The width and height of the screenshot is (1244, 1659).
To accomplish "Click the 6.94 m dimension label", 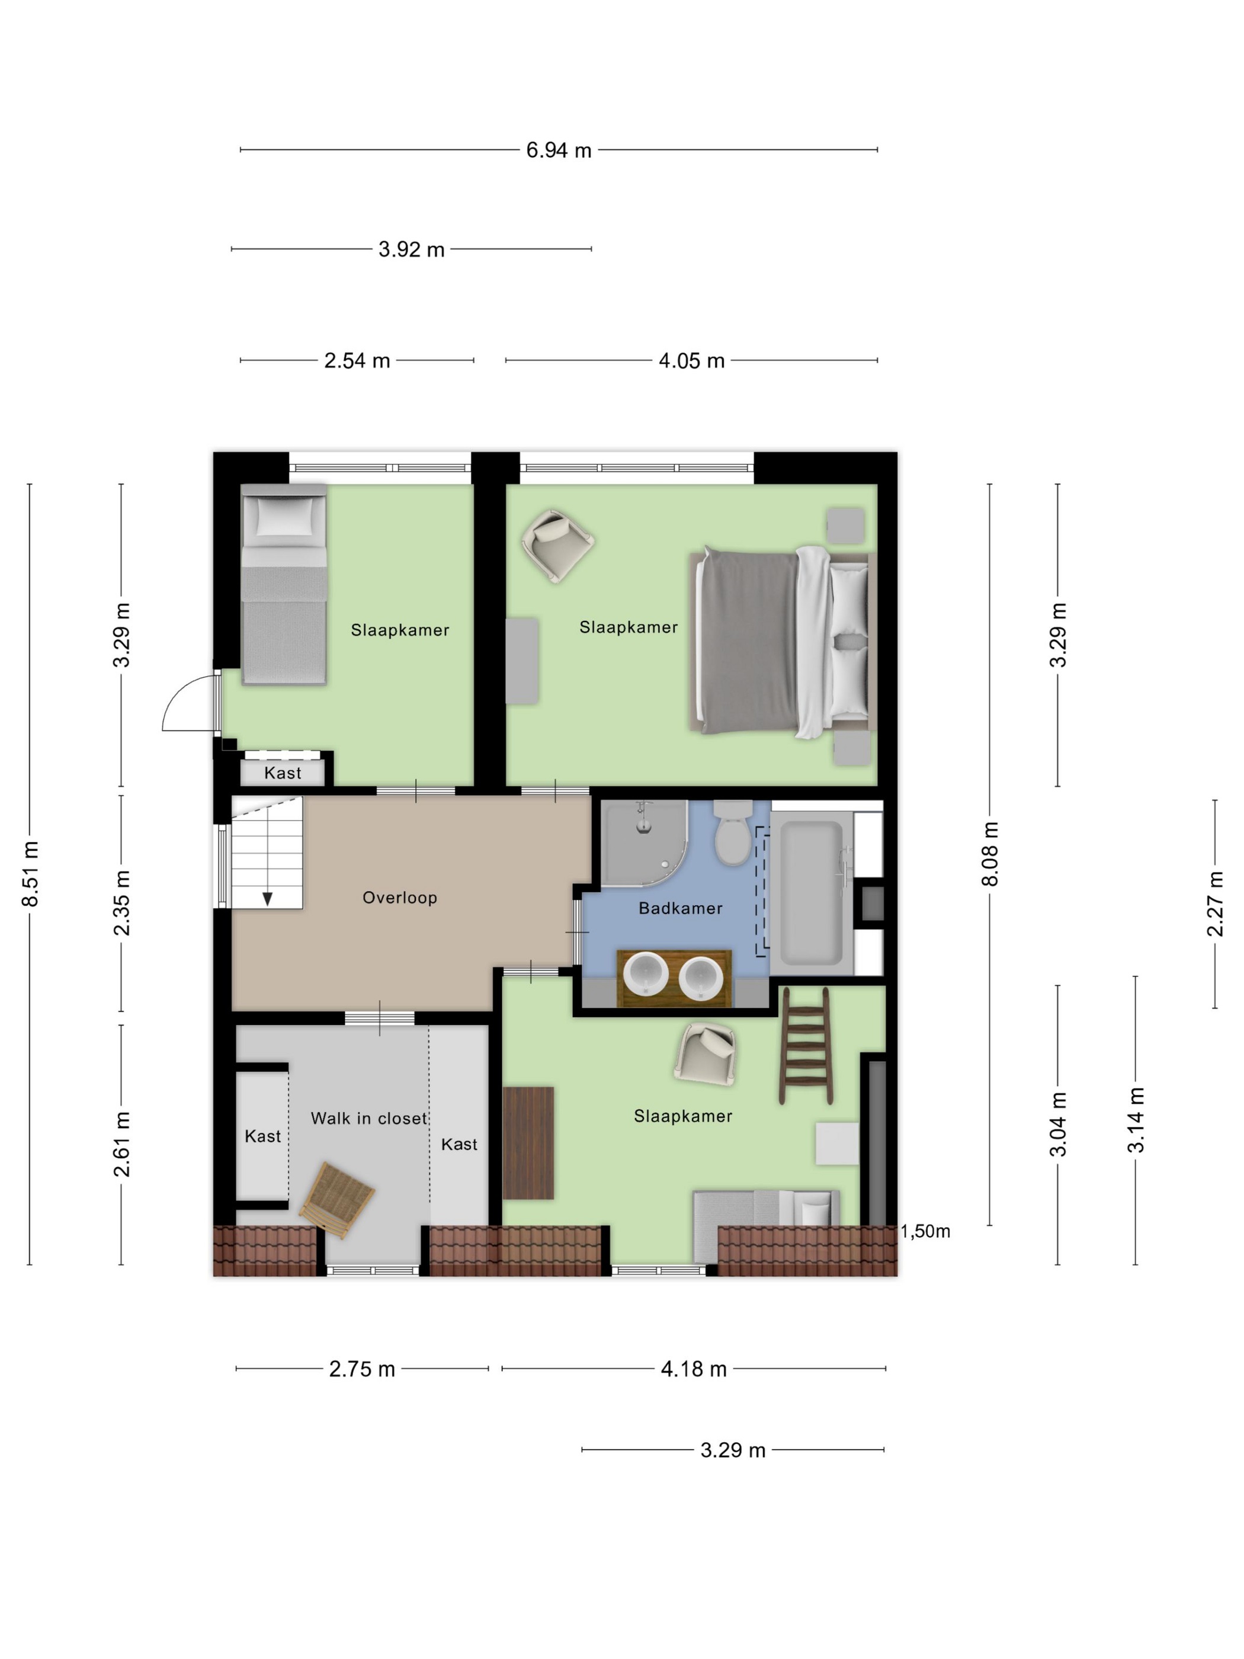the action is tap(559, 150).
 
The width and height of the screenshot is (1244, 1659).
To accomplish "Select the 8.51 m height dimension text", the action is tap(30, 874).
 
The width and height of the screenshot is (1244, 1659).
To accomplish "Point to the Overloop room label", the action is tap(400, 898).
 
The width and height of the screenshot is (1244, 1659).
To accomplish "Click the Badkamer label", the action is tap(680, 908).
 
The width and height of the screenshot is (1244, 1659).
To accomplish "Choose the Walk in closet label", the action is tap(369, 1118).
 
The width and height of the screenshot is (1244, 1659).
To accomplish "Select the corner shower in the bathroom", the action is tap(644, 843).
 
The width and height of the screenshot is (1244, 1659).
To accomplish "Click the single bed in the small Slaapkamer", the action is tap(283, 584).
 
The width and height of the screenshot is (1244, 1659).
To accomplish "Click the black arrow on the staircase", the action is tap(267, 898).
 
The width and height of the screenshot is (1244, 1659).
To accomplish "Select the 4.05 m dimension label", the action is tap(691, 361).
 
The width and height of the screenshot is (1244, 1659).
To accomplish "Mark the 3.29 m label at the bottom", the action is tap(733, 1450).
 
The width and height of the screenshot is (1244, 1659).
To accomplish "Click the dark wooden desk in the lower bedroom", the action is tap(528, 1143).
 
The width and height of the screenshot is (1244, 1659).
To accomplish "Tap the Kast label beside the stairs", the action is tap(283, 773).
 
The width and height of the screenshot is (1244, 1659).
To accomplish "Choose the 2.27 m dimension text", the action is tap(1215, 904).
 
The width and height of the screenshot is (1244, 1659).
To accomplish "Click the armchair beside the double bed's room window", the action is tap(558, 545).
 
